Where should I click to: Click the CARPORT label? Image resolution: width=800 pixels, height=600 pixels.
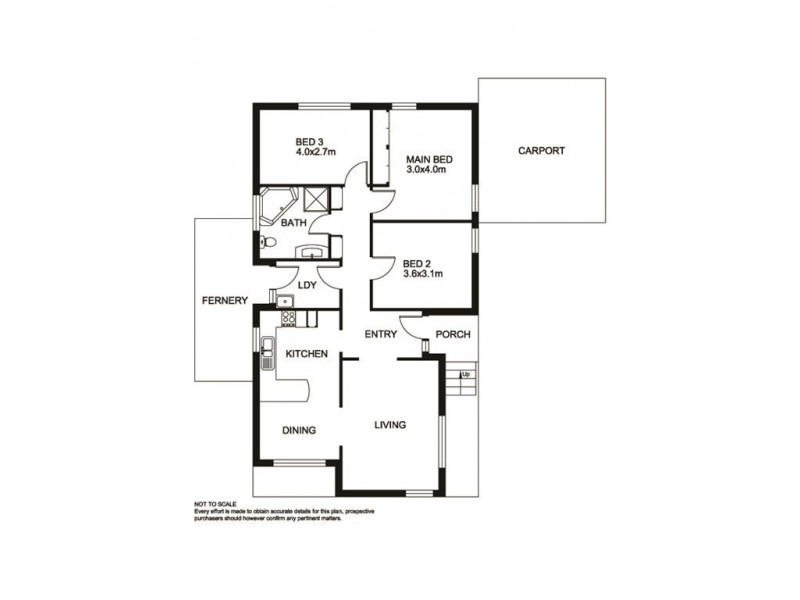click(541, 151)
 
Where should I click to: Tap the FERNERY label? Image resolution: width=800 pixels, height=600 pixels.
click(224, 300)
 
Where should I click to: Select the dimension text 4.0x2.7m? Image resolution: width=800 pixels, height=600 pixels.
click(315, 152)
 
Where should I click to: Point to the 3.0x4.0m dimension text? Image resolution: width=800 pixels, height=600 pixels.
click(424, 170)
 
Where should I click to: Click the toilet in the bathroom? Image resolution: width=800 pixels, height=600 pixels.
click(266, 243)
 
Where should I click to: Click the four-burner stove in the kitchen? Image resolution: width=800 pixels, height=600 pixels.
click(288, 319)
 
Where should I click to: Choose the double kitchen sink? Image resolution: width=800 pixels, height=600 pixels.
click(268, 350)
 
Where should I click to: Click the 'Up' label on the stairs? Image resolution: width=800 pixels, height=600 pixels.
click(465, 374)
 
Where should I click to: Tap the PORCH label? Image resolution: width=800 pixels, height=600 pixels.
click(453, 334)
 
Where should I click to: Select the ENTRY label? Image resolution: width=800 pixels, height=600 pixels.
click(381, 334)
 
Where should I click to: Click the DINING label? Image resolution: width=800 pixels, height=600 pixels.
click(299, 430)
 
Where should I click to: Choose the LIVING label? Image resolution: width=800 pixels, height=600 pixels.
click(389, 425)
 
